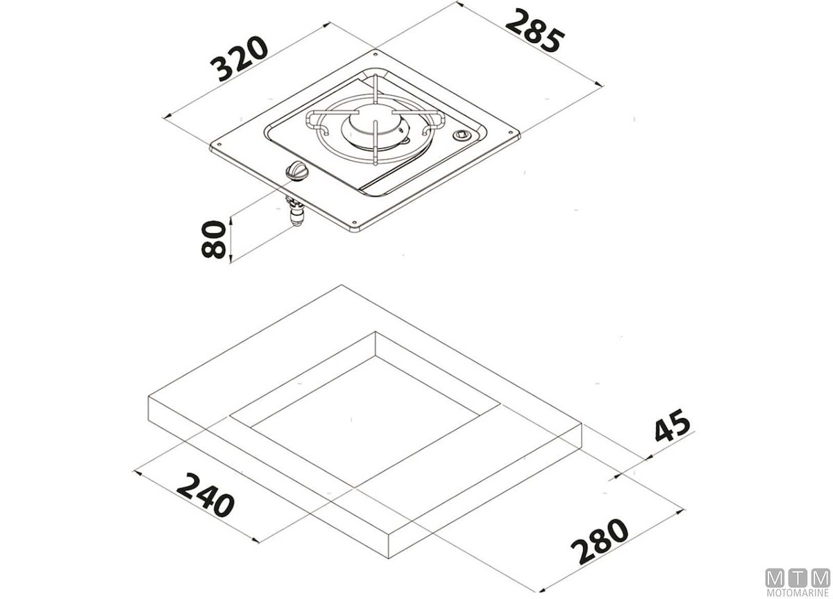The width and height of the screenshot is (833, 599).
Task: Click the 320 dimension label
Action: (239, 58)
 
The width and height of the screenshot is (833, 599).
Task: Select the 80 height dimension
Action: (214, 239)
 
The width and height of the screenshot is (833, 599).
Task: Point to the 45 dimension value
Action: (672, 426)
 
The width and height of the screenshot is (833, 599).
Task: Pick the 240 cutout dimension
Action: (205, 494)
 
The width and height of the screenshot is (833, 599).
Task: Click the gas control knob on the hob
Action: (296, 173)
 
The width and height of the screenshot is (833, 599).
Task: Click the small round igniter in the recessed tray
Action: (462, 134)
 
